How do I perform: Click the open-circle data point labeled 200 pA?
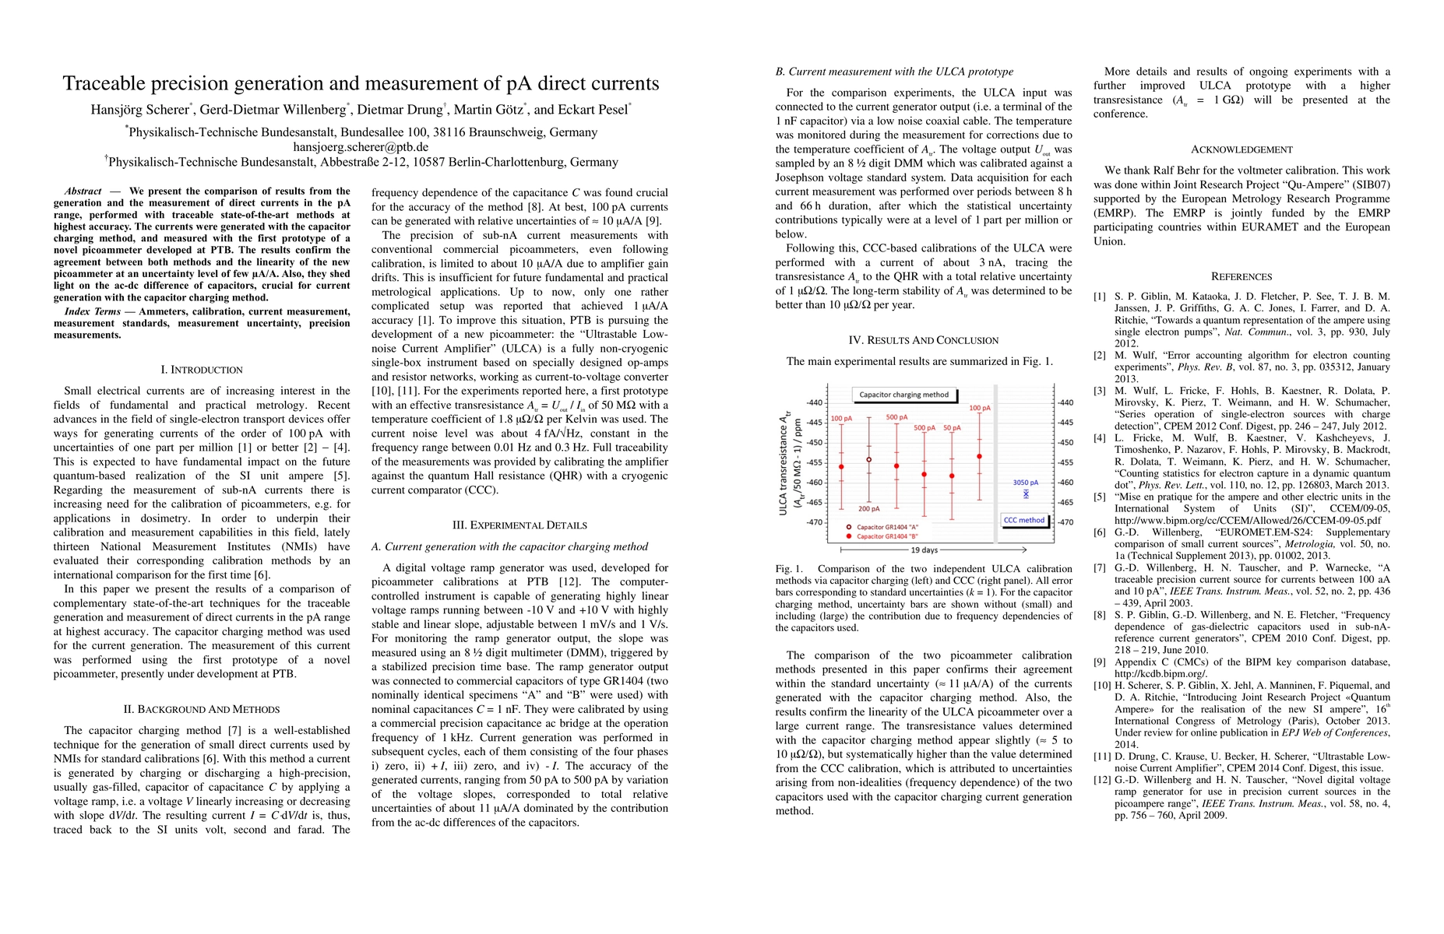(869, 460)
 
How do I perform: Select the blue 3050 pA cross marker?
(1026, 493)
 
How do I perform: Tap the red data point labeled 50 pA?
(952, 476)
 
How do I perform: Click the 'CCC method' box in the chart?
(1023, 520)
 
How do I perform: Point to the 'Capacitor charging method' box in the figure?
(903, 395)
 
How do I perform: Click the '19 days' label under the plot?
(925, 550)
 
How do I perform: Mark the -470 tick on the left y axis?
(814, 522)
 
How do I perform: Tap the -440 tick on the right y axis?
(1066, 402)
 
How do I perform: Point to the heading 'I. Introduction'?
(202, 370)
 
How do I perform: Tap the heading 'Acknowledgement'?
(1241, 149)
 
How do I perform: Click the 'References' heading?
(1241, 276)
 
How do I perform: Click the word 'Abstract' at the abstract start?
(83, 191)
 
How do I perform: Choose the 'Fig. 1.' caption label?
(789, 569)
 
